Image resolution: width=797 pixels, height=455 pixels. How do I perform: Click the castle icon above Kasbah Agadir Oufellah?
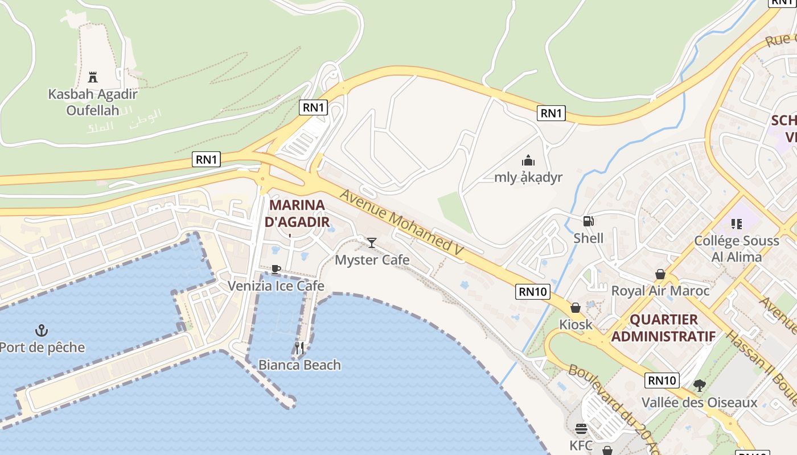point(93,77)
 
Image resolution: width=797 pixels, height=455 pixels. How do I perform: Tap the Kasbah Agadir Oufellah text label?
point(93,102)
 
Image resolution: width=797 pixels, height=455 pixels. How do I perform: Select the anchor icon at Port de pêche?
point(42,330)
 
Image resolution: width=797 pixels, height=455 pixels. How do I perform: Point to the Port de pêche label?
point(42,348)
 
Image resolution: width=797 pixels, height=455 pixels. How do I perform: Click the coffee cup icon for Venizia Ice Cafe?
point(276,269)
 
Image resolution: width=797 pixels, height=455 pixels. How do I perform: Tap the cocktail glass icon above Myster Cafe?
point(372,243)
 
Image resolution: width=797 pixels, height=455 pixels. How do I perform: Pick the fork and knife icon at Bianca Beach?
point(299,348)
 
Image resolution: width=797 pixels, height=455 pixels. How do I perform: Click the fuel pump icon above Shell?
point(588,221)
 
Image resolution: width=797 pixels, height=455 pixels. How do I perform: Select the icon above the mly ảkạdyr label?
point(528,160)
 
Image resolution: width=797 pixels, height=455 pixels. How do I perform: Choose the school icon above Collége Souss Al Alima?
point(736,224)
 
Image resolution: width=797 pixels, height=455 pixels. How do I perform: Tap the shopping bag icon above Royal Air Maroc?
point(660,274)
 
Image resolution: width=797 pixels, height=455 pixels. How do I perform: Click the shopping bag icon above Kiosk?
point(576,308)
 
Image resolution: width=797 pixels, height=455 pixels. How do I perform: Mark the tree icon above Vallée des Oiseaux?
point(699,386)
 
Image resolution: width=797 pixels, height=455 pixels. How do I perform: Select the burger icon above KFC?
point(581,428)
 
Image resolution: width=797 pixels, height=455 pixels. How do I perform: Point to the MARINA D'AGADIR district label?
point(297,213)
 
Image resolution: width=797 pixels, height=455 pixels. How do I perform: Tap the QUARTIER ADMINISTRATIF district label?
point(663,328)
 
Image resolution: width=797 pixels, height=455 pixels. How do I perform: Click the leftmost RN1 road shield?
point(207,159)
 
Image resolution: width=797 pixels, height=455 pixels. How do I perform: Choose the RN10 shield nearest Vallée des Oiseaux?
point(663,380)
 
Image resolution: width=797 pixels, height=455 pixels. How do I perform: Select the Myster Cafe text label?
point(372,260)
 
